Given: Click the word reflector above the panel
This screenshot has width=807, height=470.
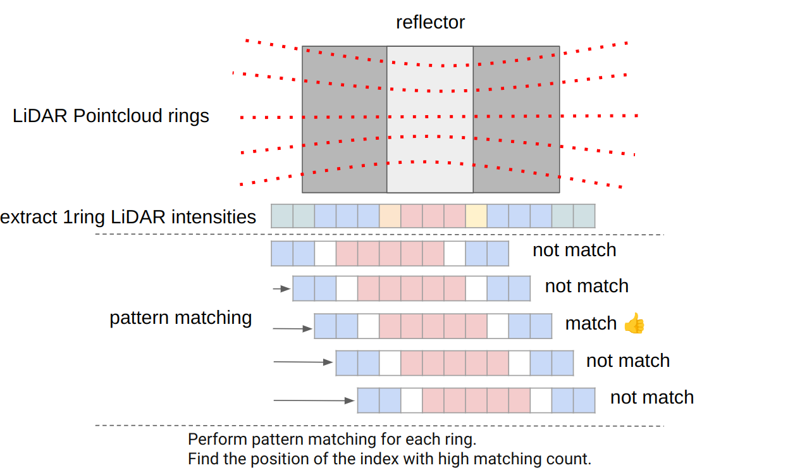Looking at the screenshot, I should [x=430, y=22].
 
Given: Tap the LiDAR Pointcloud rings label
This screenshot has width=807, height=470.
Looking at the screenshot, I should [x=111, y=116].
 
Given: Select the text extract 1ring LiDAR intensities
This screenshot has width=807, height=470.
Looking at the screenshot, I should [x=128, y=217].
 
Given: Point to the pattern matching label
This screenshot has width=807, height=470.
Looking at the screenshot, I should [x=181, y=318].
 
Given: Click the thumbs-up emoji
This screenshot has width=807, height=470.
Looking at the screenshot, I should [x=634, y=324].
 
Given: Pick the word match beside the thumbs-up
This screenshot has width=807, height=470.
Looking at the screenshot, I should [x=591, y=323].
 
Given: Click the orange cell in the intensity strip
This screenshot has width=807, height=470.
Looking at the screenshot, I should [x=390, y=216].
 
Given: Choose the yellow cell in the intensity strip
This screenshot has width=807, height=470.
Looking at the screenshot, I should [x=476, y=216].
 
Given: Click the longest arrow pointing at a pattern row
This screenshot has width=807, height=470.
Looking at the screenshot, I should [x=314, y=400].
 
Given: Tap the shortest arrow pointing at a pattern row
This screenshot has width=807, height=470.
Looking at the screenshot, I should [x=281, y=289].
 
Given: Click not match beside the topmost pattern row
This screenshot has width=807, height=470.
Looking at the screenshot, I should [x=574, y=250].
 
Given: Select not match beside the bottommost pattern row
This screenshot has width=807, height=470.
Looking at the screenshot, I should [x=651, y=397].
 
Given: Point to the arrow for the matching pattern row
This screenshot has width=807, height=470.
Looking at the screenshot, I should [x=293, y=328].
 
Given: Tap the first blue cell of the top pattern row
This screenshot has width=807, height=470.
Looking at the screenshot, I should [x=282, y=253].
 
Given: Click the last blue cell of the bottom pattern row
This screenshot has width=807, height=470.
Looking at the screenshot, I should [x=584, y=400].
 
